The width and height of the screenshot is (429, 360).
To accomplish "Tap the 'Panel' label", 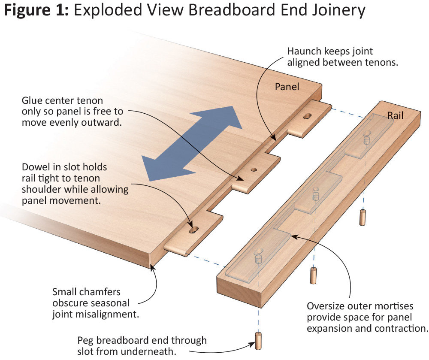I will pyautogui.click(x=287, y=87).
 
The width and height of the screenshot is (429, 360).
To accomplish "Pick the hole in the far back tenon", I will pyautogui.click(x=308, y=116).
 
